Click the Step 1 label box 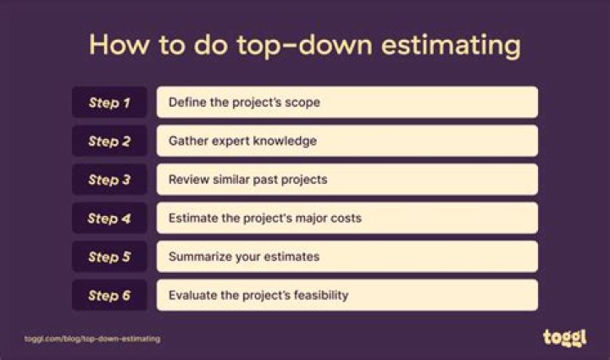pos(109,102)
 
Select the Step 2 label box pos(109,141)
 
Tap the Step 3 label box pos(109,180)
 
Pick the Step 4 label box pos(109,218)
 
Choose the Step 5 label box pos(109,257)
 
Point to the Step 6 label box pos(109,295)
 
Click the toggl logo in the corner pos(563,337)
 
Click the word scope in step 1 pos(302,102)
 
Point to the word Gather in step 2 pos(187,141)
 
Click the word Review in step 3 pos(188,180)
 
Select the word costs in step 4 pos(345,218)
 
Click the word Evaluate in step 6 pos(192,295)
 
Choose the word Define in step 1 pos(186,102)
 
